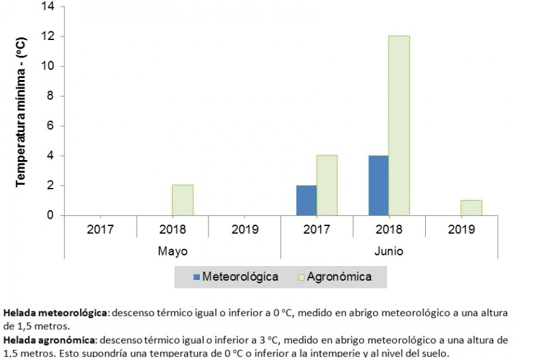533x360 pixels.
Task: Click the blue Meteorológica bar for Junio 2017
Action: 306,201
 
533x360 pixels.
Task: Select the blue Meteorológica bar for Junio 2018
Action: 378,186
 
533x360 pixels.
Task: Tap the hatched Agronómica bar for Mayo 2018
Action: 183,201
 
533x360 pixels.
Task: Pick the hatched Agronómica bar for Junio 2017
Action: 326,186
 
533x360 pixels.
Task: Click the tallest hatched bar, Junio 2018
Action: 399,126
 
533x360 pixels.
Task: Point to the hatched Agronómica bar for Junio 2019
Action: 471,208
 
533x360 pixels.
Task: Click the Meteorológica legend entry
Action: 235,276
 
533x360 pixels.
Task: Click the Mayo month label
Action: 172,252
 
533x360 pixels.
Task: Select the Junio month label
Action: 388,252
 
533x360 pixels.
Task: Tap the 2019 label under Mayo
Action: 244,230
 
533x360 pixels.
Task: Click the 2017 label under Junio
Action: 316,230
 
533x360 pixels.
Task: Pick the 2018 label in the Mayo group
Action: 172,230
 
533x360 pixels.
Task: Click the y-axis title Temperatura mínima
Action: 21,111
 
